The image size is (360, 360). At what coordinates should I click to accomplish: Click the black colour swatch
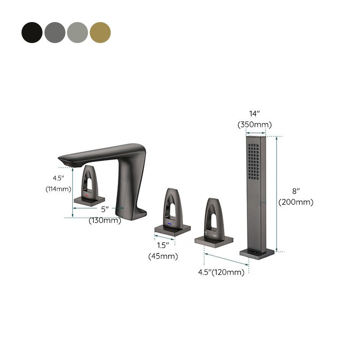tap(32, 32)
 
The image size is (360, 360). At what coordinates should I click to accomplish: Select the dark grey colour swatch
tap(54, 32)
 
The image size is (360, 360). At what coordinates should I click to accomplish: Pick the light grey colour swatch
tap(77, 32)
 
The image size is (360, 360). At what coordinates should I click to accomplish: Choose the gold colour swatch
tap(100, 32)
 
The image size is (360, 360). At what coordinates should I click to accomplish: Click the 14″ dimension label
tap(254, 113)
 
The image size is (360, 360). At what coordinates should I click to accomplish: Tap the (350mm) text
tap(254, 124)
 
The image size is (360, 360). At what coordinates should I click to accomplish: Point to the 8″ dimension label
tap(296, 191)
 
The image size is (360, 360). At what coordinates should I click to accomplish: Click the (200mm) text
tap(296, 202)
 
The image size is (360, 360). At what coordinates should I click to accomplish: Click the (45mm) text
tap(163, 256)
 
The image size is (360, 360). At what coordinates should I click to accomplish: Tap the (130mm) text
tap(104, 220)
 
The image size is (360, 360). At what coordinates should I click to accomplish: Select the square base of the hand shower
tap(257, 253)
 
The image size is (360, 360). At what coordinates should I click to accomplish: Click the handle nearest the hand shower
tap(214, 220)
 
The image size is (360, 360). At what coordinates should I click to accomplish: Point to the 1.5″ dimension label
tap(163, 246)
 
